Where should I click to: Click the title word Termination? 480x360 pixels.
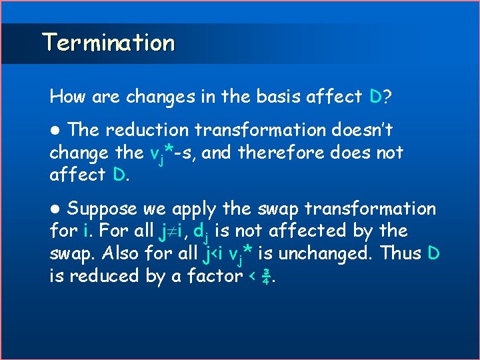(109, 43)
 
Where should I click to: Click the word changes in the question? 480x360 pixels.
(153, 97)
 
